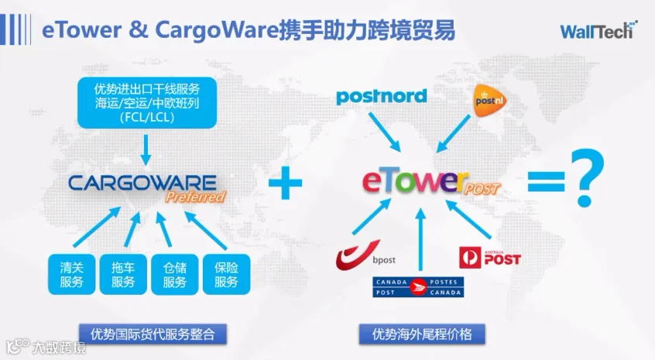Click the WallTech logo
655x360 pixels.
coord(598,30)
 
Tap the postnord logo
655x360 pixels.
coord(382,97)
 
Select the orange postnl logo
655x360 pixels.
coord(490,100)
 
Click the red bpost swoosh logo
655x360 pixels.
coord(358,255)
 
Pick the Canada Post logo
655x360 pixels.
coord(418,287)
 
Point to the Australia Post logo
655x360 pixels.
coord(489,257)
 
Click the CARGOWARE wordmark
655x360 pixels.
coord(142,183)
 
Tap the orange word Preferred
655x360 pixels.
coord(195,197)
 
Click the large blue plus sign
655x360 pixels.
coord(286,183)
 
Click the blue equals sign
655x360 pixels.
coord(546,182)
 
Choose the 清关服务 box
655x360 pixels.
coord(71,274)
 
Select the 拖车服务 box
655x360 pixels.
coord(123,274)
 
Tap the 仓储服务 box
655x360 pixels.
coord(175,274)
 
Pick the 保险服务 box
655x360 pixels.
coord(226,274)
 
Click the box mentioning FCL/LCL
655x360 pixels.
coord(147,103)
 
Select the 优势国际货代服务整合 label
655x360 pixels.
coord(153,334)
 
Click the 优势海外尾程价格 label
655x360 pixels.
coord(422,334)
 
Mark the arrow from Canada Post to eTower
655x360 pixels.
coord(420,240)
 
